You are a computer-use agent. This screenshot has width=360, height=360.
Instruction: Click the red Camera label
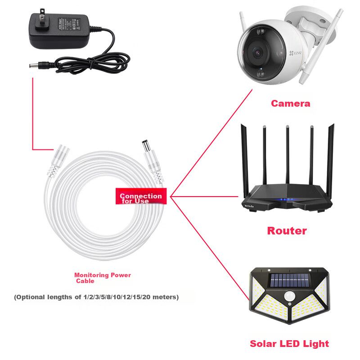pos(290,103)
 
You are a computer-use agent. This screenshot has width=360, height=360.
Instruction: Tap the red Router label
pos(287,231)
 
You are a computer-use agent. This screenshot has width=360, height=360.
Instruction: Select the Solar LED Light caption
pos(289,344)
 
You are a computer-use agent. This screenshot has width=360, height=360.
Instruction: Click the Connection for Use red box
pos(141,197)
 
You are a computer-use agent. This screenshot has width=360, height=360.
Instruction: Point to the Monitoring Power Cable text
pos(102,278)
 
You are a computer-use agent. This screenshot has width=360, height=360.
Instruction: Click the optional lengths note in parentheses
pos(96,297)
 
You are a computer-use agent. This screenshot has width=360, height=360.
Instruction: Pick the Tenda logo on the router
pos(249,206)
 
